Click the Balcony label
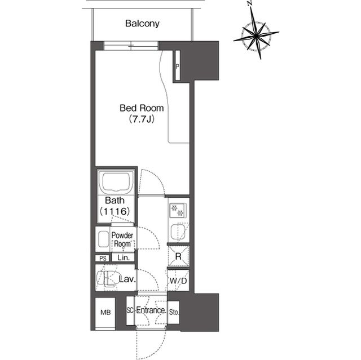pos(143,24)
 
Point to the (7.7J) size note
pos(141,119)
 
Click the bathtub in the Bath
pos(116,183)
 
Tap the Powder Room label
pos(122,239)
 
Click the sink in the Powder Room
pos(103,239)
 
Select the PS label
pos(102,258)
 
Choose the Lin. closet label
pos(123,258)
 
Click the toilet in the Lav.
pos(105,279)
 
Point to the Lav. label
pos(126,279)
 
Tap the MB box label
pos(105,312)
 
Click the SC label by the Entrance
pos(130,310)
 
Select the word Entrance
pos(151,310)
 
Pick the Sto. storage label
pos(174,310)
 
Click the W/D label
pos(178,280)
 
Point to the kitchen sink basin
pos(178,232)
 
